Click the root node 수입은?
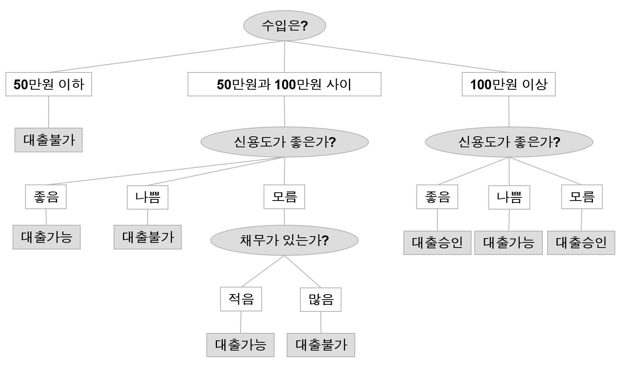pyautogui.click(x=285, y=26)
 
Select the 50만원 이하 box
pyautogui.click(x=49, y=84)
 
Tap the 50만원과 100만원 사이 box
pyautogui.click(x=284, y=84)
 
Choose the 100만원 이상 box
pyautogui.click(x=509, y=84)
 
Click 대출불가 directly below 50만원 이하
pyautogui.click(x=49, y=140)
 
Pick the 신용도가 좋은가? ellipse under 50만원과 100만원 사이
pyautogui.click(x=285, y=142)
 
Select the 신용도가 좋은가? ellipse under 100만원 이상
pyautogui.click(x=509, y=142)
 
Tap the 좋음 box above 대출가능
pyautogui.click(x=46, y=197)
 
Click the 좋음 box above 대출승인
pyautogui.click(x=437, y=197)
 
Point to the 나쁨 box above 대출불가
pyautogui.click(x=148, y=197)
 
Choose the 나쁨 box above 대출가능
pyautogui.click(x=509, y=197)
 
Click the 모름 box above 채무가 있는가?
pyautogui.click(x=284, y=197)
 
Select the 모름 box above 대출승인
pyautogui.click(x=582, y=197)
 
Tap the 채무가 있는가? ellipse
pyautogui.click(x=284, y=240)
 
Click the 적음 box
pyautogui.click(x=241, y=299)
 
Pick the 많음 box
pyautogui.click(x=321, y=300)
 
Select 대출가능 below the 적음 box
pyautogui.click(x=240, y=345)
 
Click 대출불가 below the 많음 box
pyautogui.click(x=321, y=345)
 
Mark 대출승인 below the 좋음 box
pyautogui.click(x=437, y=243)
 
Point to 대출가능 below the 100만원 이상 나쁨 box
pyautogui.click(x=508, y=243)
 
